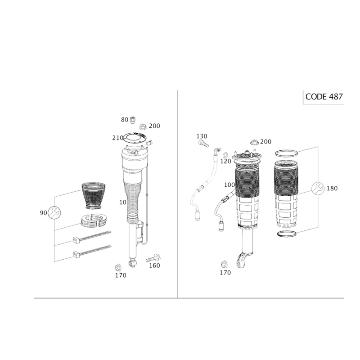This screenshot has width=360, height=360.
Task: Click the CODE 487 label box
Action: (x=324, y=97)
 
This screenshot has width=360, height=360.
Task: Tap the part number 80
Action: (x=125, y=120)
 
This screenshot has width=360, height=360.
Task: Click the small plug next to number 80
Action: (x=132, y=120)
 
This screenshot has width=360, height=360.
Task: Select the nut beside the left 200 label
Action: (x=143, y=126)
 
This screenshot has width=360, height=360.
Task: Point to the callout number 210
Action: (x=117, y=138)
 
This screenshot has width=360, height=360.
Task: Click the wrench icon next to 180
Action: (x=318, y=188)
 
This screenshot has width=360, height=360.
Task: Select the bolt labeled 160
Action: (x=153, y=258)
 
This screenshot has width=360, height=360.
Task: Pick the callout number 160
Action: (x=154, y=265)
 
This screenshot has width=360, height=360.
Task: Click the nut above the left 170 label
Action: (x=118, y=267)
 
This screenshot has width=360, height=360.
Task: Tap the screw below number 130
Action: (x=203, y=144)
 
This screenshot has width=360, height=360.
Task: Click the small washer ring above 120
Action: (x=226, y=153)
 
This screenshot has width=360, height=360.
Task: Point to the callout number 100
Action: (x=229, y=185)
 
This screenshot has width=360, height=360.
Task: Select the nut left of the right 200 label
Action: (x=254, y=142)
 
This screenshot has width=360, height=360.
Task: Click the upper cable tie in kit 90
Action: (x=92, y=237)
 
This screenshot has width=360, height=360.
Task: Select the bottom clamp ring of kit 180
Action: (x=287, y=234)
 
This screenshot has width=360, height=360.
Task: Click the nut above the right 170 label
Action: (x=224, y=265)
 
